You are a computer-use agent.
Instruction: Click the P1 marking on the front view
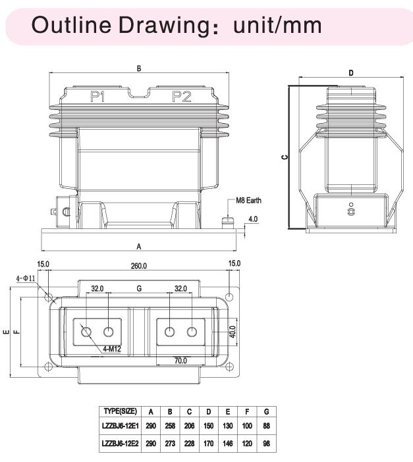pos(99,97)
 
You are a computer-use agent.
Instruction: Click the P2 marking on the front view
pos(181,97)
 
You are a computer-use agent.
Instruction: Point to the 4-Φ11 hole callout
pos(26,278)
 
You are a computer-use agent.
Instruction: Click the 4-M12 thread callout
pos(113,349)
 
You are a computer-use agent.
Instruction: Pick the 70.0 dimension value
pos(180,360)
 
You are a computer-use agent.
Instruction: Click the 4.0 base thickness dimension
pos(253,219)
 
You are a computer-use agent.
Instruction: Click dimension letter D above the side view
pos(351,73)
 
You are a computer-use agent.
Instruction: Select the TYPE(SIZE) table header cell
pos(119,411)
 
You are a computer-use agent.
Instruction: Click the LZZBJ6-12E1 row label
pos(119,427)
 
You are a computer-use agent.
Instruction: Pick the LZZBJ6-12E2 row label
pos(119,444)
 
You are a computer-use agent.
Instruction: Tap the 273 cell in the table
pos(170,444)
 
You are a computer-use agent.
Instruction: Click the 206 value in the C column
pos(189,427)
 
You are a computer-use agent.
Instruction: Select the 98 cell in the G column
pos(265,444)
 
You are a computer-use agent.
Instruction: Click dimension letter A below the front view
pos(139,246)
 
